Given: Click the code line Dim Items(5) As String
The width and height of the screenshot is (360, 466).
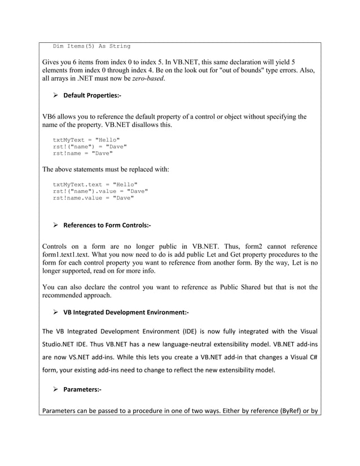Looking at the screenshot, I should [x=91, y=46].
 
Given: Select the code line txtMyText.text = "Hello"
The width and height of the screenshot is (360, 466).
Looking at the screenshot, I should [x=95, y=184].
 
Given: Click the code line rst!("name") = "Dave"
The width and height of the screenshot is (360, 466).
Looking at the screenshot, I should [x=90, y=146].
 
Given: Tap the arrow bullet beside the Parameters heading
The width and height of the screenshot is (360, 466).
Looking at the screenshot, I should [x=56, y=389].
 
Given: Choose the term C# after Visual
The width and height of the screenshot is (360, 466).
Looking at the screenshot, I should [x=313, y=358].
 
